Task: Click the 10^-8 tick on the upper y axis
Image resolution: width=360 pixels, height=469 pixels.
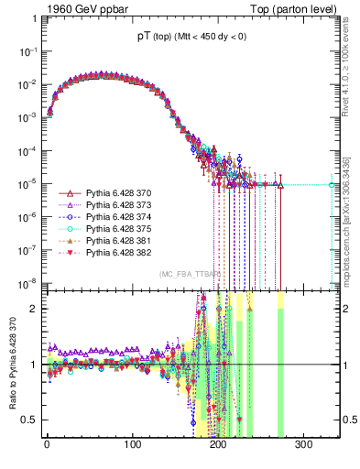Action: [29, 282]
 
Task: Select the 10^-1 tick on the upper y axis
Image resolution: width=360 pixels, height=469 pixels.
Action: [29, 51]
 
